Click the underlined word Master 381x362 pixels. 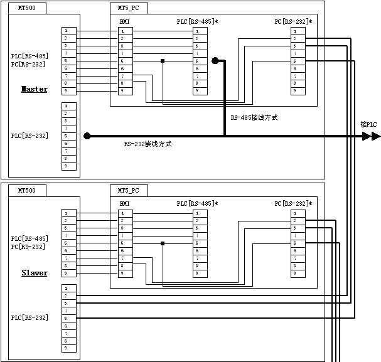35,89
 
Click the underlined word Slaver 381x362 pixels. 35,273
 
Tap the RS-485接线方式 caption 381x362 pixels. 254,117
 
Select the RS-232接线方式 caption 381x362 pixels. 148,144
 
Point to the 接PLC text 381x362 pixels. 369,124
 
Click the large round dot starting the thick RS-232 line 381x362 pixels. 87,136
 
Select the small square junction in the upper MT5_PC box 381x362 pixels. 162,61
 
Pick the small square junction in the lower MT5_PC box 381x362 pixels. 162,243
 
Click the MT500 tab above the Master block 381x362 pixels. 27,8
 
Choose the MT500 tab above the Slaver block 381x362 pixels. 27,190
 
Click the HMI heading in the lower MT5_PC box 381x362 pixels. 124,203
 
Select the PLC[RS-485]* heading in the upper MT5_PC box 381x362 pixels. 197,21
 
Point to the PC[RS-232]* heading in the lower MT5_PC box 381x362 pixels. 293,203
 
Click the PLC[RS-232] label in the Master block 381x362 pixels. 30,136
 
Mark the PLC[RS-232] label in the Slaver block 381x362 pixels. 30,318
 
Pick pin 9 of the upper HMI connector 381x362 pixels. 122,91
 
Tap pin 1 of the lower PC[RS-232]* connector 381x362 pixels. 294,213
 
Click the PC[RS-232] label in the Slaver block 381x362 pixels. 28,247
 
